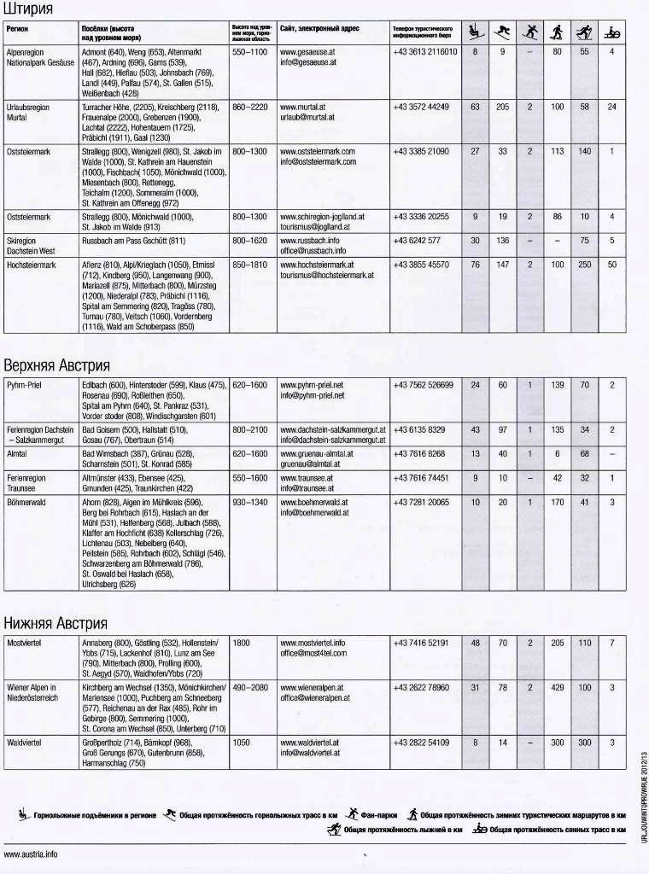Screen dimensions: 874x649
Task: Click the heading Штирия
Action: click(x=28, y=9)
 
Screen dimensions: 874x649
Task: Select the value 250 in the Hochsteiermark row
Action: click(x=584, y=265)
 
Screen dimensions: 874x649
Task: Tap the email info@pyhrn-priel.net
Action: click(x=312, y=396)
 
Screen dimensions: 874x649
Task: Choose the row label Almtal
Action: click(x=17, y=454)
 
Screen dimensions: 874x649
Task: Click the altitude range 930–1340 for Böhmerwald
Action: click(x=249, y=503)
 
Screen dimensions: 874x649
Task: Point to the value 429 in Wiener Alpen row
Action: click(x=558, y=687)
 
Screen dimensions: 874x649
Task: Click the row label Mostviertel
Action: click(x=25, y=642)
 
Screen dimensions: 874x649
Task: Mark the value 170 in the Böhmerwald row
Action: click(x=558, y=503)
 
